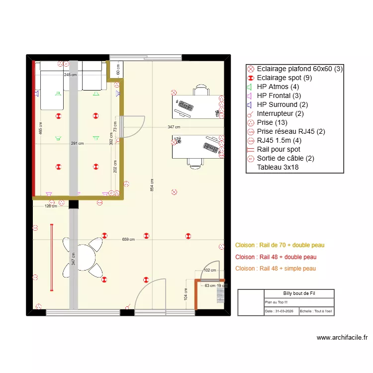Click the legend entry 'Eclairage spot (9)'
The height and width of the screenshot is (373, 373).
coord(284,78)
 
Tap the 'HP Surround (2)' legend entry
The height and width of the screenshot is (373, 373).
coord(282,104)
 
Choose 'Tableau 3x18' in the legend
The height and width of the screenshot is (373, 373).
coord(278,167)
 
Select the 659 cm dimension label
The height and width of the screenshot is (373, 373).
coord(128,239)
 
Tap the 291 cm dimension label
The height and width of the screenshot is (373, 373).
coord(77,144)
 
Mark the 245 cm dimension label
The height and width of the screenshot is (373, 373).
coord(71,75)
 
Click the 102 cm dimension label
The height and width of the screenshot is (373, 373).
coord(210,271)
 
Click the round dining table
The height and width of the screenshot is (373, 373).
coord(84,257)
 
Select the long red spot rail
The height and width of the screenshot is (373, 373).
coord(51,257)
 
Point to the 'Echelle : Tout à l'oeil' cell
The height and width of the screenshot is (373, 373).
coord(316,311)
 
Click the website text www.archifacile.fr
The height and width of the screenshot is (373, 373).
coord(342,338)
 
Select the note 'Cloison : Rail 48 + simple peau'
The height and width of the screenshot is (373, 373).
coord(275,269)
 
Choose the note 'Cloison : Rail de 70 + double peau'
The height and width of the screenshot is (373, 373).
coord(280,245)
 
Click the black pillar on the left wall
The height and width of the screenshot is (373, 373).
coord(74,204)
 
